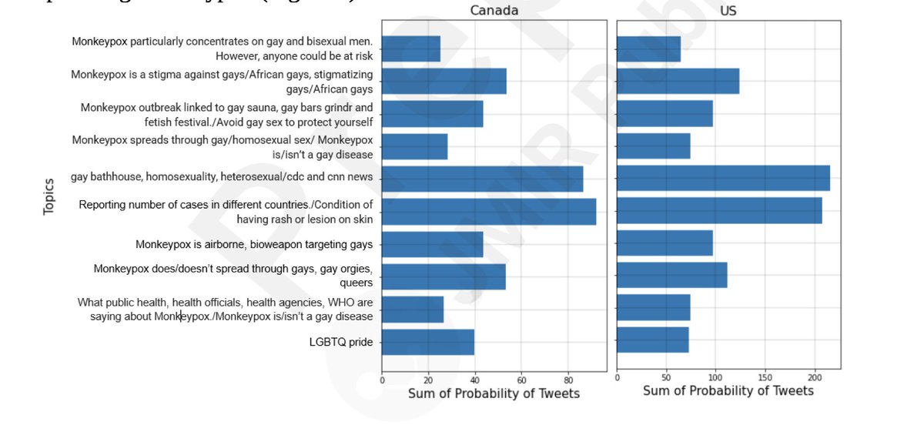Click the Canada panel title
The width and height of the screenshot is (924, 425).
tap(494, 11)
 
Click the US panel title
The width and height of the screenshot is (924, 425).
tap(728, 11)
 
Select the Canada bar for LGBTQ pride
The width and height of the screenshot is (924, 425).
tap(428, 342)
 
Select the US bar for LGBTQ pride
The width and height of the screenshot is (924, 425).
tap(653, 340)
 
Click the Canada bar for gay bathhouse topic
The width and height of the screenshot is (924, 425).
tap(482, 179)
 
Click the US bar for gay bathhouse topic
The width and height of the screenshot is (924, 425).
tap(723, 178)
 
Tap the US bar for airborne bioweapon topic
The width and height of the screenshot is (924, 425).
tap(665, 244)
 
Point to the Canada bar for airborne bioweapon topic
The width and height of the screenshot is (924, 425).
tap(432, 244)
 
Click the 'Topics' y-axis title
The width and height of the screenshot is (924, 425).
tap(49, 196)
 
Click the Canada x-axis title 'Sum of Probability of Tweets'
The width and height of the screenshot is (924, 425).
tap(494, 393)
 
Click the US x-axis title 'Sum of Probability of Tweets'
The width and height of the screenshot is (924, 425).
tap(728, 390)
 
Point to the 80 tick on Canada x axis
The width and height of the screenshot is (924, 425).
tap(568, 380)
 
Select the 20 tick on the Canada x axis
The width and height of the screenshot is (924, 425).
tap(428, 380)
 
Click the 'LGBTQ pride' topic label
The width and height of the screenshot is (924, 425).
tap(340, 342)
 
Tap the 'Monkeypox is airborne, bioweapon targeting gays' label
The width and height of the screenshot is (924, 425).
tap(254, 245)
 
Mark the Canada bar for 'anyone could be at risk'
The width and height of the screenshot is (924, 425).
tap(411, 49)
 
